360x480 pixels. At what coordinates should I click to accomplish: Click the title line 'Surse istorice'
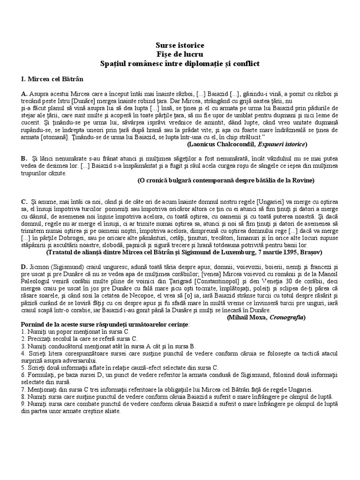(x=180, y=45)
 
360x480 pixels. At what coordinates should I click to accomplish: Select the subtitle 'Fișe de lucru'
(x=180, y=54)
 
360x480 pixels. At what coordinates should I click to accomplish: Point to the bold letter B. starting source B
(x=24, y=159)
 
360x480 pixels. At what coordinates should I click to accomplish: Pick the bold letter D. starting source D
(x=24, y=267)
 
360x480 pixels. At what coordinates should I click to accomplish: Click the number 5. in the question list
(x=23, y=368)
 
